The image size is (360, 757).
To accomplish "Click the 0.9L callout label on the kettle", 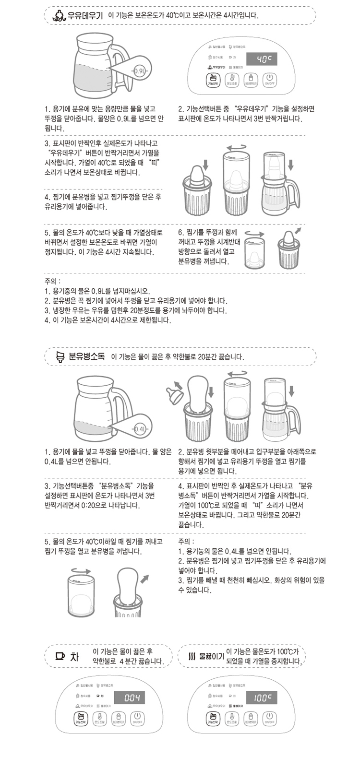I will pyautogui.click(x=140, y=71).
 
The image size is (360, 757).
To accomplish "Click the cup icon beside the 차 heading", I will pyautogui.click(x=60, y=655).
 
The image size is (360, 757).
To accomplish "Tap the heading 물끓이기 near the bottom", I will pyautogui.click(x=212, y=656).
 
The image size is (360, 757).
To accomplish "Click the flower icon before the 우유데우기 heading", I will pyautogui.click(x=57, y=15).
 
